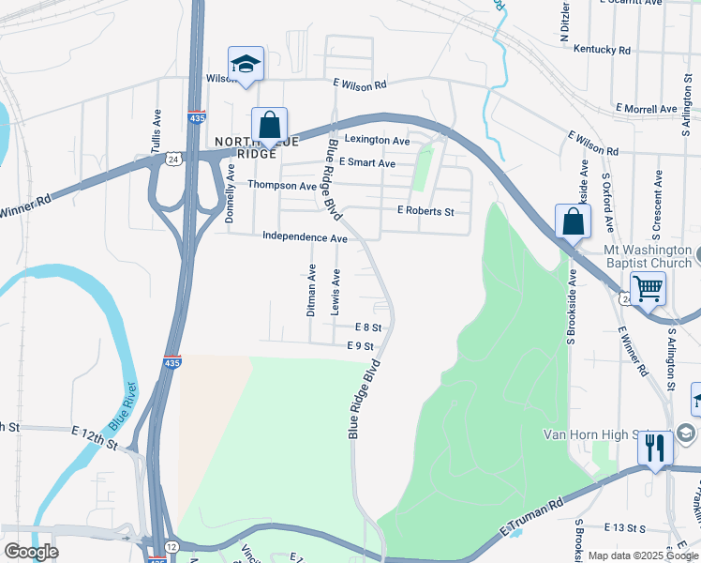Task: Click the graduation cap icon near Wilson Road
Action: pyautogui.click(x=246, y=64)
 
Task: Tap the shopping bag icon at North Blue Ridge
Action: pyautogui.click(x=269, y=125)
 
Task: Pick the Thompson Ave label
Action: pyautogui.click(x=282, y=185)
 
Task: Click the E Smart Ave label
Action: pyautogui.click(x=367, y=163)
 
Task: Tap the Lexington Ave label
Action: pyautogui.click(x=378, y=141)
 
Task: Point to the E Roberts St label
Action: pyautogui.click(x=425, y=211)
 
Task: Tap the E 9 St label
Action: pyautogui.click(x=361, y=346)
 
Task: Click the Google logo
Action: pyautogui.click(x=32, y=551)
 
